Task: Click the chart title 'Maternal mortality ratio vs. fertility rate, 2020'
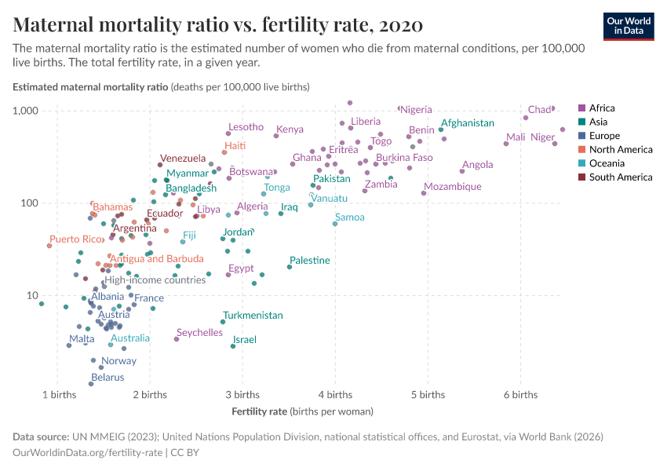coord(218,25)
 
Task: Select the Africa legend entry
coord(602,108)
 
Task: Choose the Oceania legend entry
coord(606,163)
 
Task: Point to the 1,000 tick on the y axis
coord(26,111)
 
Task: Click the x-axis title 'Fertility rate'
coord(260,411)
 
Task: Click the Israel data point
coord(233,346)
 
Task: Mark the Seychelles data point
coord(177,339)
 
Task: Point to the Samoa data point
coord(335,224)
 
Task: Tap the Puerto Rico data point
coord(49,246)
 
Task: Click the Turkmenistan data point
coord(223,322)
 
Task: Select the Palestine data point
coord(290,267)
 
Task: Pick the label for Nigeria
coord(416,109)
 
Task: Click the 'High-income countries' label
coord(155,280)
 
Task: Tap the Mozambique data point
coord(424,193)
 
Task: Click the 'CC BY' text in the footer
coord(186,453)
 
